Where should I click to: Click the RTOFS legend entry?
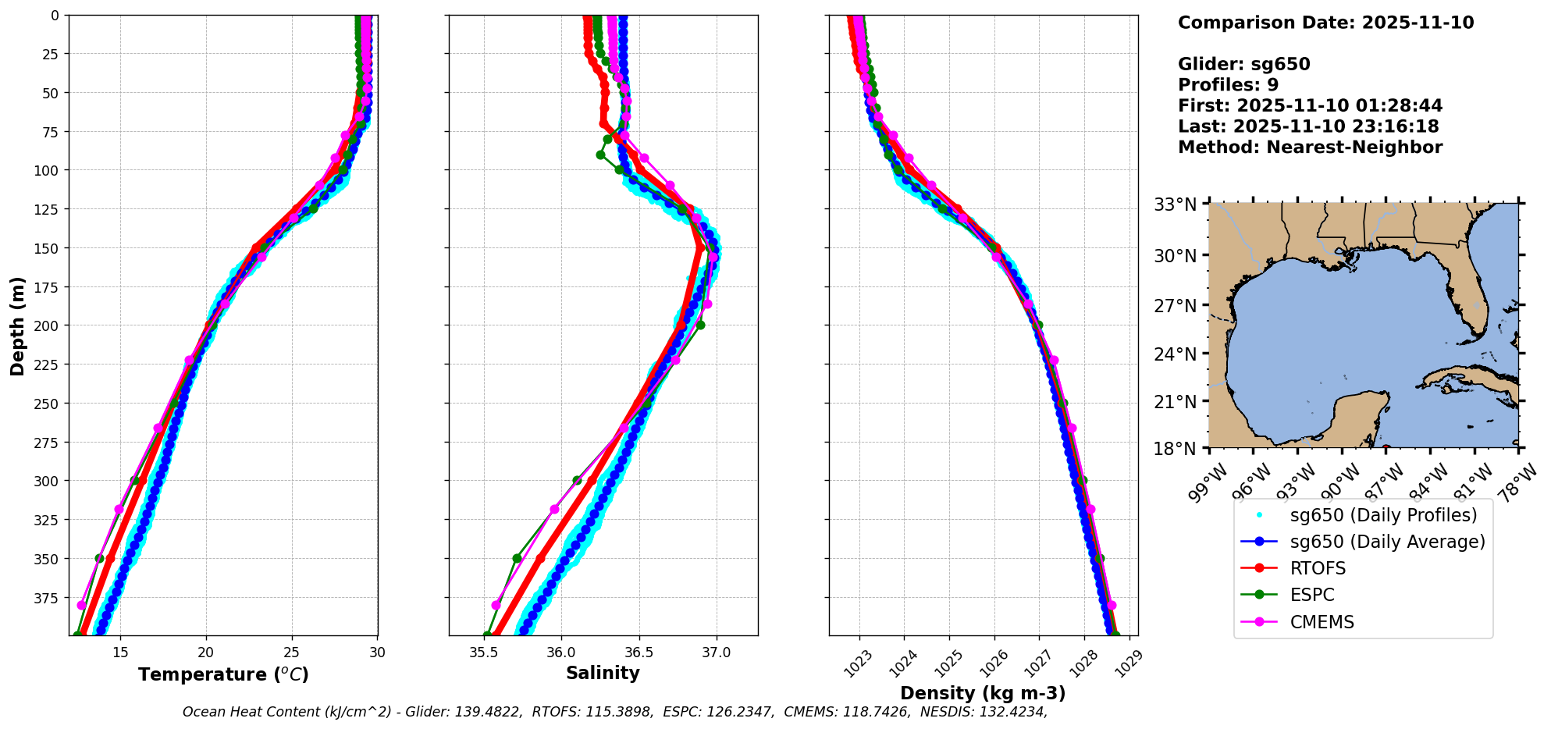coord(1318,568)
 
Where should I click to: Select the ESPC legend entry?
coord(1312,595)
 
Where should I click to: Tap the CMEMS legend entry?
coord(1322,622)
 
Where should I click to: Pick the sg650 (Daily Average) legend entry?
coord(1387,542)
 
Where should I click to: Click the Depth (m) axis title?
coord(17,325)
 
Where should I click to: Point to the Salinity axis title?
coord(603,674)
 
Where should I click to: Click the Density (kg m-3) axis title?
coord(983,693)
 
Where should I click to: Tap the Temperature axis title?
coord(223,674)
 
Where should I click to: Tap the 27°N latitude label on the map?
coord(1176,305)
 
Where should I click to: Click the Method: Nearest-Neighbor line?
coord(1310,148)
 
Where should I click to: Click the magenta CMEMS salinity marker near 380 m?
coord(496,605)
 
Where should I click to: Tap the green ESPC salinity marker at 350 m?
coord(517,558)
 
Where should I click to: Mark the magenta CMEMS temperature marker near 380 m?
coord(81,605)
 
